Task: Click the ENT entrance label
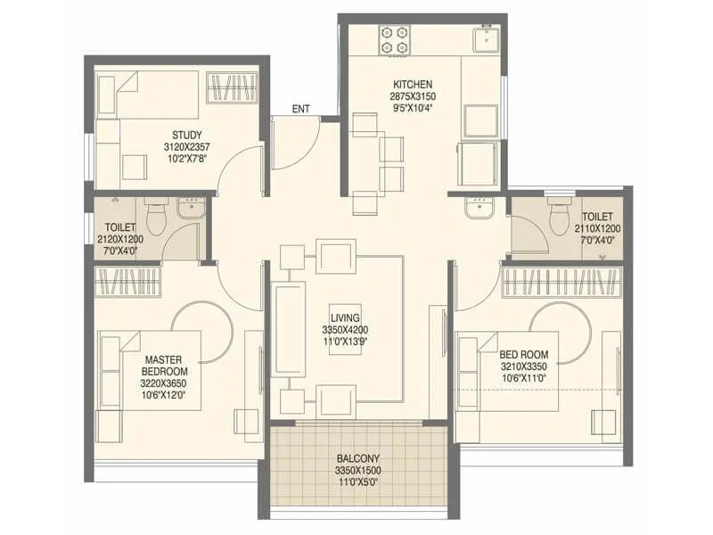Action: click(301, 110)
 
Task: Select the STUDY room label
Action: click(186, 136)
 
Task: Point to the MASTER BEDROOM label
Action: click(166, 366)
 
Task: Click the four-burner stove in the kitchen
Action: click(395, 39)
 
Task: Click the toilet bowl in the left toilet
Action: click(156, 217)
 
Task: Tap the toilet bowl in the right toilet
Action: click(560, 217)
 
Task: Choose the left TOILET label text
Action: click(119, 227)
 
